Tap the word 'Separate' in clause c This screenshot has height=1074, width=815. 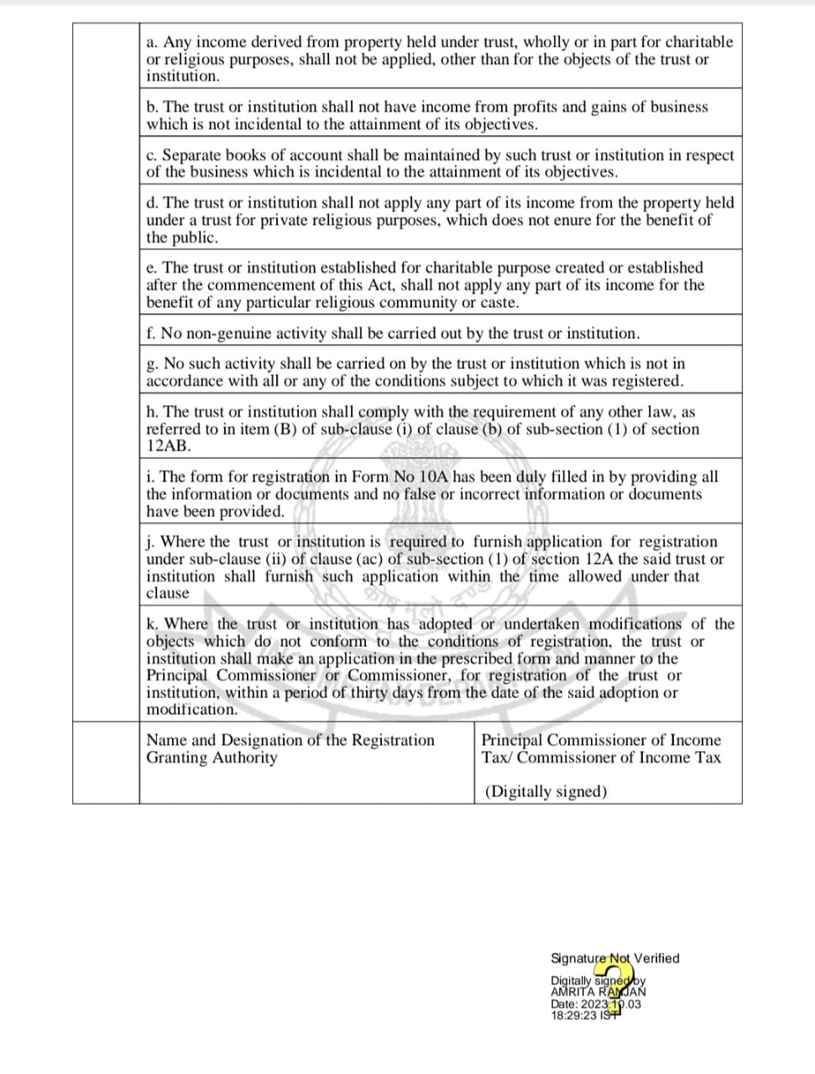pos(191,155)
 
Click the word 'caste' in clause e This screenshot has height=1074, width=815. pos(499,302)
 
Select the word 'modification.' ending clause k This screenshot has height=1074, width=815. pos(192,709)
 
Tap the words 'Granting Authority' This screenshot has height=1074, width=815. pos(212,758)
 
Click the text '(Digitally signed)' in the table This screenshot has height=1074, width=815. pos(546,791)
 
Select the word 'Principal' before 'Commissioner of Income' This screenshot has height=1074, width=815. pos(511,740)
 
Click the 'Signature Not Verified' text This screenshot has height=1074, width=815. pos(614,958)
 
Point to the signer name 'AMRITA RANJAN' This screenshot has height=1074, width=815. pos(598,991)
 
